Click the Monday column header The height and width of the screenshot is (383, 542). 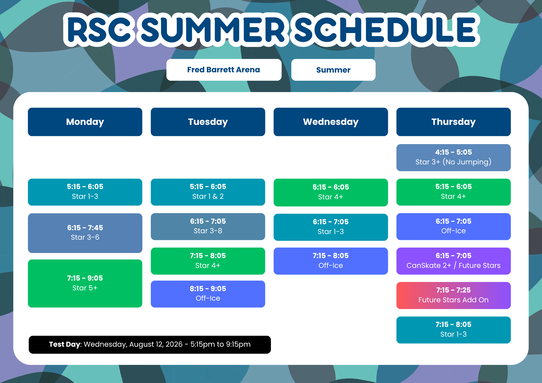tap(85, 122)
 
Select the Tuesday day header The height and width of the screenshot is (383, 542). tap(208, 122)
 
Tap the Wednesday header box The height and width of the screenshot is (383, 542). tap(331, 122)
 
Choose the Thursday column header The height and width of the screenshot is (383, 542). tap(453, 122)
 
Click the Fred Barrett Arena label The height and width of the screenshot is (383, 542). tap(224, 70)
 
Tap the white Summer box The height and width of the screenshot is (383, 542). tap(333, 70)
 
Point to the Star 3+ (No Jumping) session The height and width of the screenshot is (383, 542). tap(453, 158)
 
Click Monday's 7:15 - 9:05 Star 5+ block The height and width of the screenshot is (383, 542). tap(85, 283)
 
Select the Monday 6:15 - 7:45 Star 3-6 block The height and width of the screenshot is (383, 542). tap(85, 233)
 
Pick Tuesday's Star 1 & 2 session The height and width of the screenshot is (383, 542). tap(208, 192)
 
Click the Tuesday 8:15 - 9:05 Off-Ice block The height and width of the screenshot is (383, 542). tap(208, 294)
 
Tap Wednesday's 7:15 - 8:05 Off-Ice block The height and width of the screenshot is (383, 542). tap(331, 261)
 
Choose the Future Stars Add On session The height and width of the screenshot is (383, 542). tap(453, 296)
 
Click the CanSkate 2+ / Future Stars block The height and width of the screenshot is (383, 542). tap(453, 261)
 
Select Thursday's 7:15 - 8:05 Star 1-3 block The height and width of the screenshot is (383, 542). tap(453, 330)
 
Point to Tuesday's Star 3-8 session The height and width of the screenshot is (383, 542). tap(208, 226)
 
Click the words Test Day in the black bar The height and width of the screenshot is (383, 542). tap(65, 344)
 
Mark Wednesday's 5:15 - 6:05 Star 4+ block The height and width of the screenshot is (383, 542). tap(331, 192)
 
